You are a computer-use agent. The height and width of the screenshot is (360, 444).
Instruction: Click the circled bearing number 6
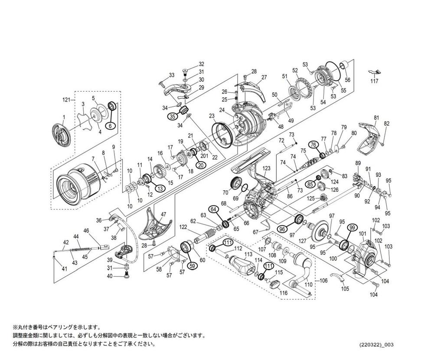(111, 125)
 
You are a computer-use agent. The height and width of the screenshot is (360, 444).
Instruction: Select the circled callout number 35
(172, 116)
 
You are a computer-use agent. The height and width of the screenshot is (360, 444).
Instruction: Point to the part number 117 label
(374, 81)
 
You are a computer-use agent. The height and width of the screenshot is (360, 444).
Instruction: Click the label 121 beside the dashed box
(66, 100)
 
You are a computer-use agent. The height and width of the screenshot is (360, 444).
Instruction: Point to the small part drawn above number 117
(375, 72)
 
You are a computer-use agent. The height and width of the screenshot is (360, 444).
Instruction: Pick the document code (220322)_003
(376, 345)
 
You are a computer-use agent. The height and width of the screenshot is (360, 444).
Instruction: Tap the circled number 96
(282, 229)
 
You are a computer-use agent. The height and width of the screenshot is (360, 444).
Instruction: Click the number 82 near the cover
(387, 124)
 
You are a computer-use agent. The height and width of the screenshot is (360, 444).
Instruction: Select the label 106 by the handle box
(323, 281)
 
